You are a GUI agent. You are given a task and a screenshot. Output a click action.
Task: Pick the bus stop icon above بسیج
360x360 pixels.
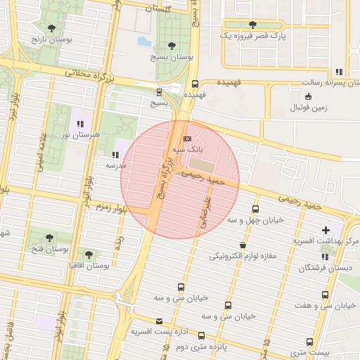tap(159, 91)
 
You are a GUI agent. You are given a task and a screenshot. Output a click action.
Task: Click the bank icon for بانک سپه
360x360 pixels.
tap(186, 139)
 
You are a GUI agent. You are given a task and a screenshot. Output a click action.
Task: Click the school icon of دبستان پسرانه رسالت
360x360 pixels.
tap(340, 72)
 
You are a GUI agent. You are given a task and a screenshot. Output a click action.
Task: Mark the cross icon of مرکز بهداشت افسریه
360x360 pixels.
tap(326, 230)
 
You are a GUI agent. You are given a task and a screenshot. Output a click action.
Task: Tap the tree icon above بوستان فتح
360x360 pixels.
tap(49, 238)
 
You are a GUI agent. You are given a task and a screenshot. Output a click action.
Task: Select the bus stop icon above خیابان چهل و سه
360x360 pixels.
tap(255, 209)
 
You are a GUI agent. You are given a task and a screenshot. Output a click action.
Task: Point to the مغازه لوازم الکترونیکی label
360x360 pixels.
tap(243, 256)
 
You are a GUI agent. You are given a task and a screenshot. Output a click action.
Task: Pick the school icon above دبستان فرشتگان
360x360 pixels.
tap(326, 257)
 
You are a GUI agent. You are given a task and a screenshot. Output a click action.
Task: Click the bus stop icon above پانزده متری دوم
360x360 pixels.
tap(202, 335)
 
